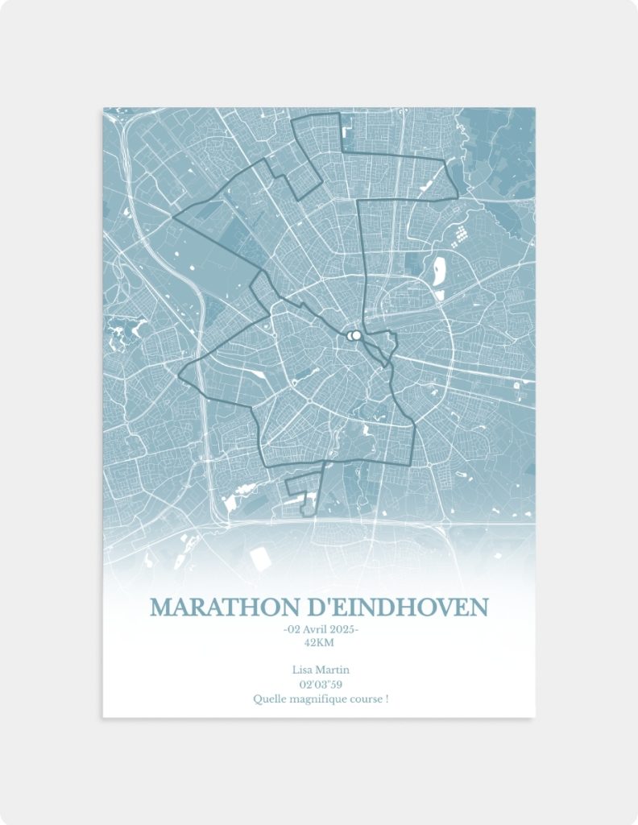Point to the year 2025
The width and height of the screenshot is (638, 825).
point(342,629)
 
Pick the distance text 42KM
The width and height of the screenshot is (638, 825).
point(319,642)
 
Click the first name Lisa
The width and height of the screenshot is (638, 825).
point(302,670)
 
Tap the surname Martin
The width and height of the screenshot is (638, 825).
point(333,670)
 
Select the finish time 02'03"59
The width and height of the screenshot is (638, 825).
point(319,684)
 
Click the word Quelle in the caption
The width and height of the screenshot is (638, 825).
point(268,699)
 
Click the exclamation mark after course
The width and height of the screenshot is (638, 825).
point(387,699)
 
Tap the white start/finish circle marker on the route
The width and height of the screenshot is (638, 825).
point(353,336)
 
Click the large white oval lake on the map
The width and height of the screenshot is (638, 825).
point(439,272)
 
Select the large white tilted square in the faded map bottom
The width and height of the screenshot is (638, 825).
point(260,559)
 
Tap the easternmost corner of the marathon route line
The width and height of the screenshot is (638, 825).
point(458,194)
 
